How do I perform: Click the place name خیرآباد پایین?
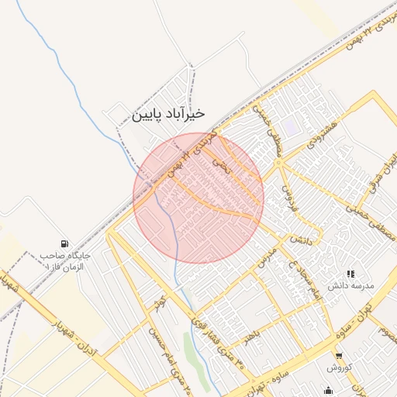(x=168, y=114)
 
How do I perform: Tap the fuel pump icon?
(x=63, y=243)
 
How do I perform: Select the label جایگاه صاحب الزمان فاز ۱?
(x=65, y=260)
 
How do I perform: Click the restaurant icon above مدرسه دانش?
(x=350, y=274)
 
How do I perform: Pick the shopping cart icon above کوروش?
(x=337, y=355)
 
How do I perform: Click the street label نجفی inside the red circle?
(x=223, y=165)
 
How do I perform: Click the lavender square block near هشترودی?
(x=290, y=125)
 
